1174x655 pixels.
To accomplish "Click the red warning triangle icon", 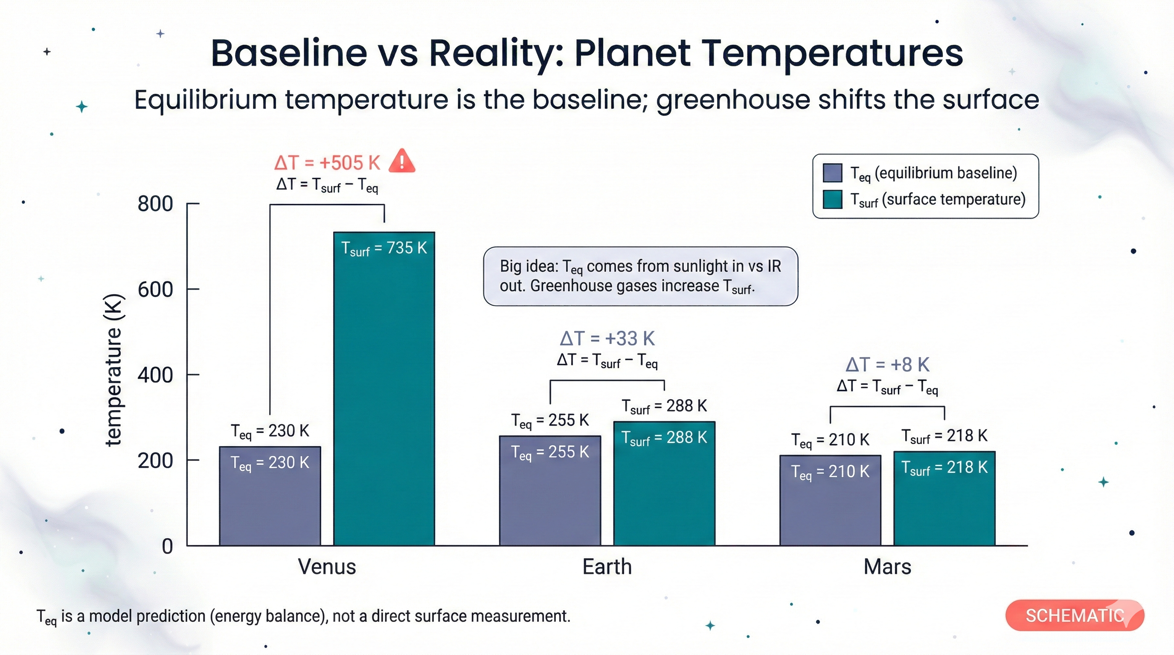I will pyautogui.click(x=401, y=161).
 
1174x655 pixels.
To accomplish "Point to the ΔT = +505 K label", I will pyautogui.click(x=327, y=162).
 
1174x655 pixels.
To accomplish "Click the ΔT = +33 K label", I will pyautogui.click(x=607, y=339).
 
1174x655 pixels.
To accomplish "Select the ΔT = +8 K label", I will pyautogui.click(x=887, y=365).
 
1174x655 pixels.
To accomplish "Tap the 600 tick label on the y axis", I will pyautogui.click(x=155, y=289).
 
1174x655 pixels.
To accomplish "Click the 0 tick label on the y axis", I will pyautogui.click(x=167, y=546).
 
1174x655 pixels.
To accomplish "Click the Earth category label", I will pyautogui.click(x=607, y=567).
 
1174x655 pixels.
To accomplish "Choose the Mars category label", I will pyautogui.click(x=887, y=567).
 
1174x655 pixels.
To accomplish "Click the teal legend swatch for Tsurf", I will pyautogui.click(x=832, y=200).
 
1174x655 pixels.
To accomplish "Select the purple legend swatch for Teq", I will pyautogui.click(x=832, y=173).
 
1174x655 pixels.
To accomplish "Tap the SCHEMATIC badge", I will pyautogui.click(x=1074, y=615).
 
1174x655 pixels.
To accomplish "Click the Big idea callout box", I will pyautogui.click(x=640, y=276).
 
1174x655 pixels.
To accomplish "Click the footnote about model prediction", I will pyautogui.click(x=303, y=616).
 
